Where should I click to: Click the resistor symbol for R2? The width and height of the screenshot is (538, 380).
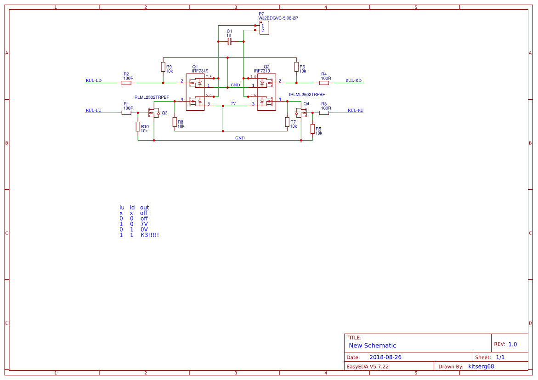[126, 83]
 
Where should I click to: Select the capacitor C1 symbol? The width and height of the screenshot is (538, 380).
[229, 42]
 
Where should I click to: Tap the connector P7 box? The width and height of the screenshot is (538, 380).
[264, 28]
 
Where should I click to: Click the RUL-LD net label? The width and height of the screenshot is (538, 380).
[93, 80]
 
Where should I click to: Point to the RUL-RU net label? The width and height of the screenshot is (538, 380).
[355, 110]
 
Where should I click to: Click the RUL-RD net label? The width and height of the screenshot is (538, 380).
[353, 80]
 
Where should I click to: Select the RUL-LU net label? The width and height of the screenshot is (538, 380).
[93, 110]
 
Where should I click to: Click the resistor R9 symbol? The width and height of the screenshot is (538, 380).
[163, 67]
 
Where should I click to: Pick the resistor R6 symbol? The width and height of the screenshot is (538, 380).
[296, 67]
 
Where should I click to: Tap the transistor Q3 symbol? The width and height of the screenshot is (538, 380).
[154, 113]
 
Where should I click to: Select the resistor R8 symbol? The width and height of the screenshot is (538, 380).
[175, 122]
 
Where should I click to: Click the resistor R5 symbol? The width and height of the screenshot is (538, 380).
[312, 129]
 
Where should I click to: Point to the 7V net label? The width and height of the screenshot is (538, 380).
[233, 103]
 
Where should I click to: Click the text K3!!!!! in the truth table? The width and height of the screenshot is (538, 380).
[149, 235]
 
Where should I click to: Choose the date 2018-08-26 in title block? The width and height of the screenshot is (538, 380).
[385, 357]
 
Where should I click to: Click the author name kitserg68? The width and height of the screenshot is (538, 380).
[481, 366]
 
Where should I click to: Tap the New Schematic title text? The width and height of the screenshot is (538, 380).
[372, 346]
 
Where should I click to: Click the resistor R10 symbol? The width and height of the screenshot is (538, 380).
[138, 126]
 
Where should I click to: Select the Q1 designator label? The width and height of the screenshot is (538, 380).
[195, 67]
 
